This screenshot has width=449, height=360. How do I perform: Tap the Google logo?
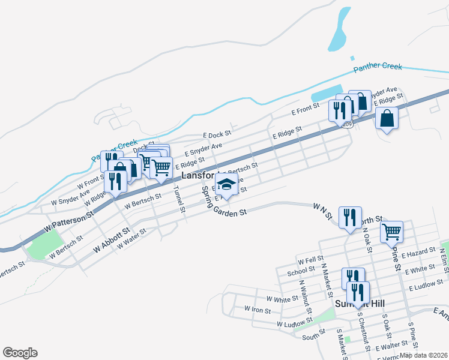pos(20,353)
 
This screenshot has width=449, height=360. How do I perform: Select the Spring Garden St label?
pos(223,202)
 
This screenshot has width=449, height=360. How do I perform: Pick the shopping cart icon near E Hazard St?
pos(391,230)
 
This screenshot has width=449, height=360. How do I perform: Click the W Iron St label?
pos(258,310)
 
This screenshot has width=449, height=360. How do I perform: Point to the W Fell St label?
pos(311,262)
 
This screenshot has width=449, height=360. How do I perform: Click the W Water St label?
pos(131,238)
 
